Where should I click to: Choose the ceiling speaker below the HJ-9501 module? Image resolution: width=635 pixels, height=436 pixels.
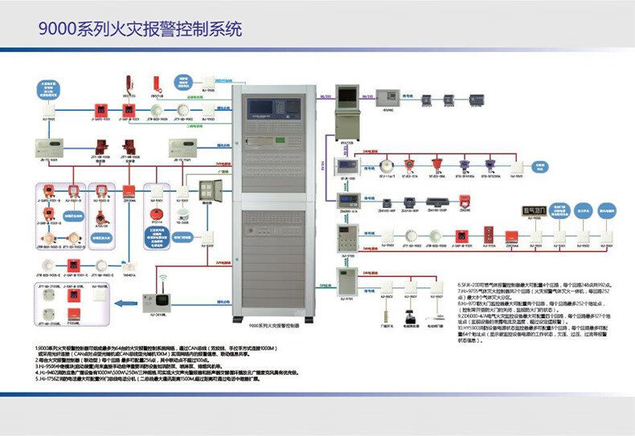pyautogui.click(x=182, y=214)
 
